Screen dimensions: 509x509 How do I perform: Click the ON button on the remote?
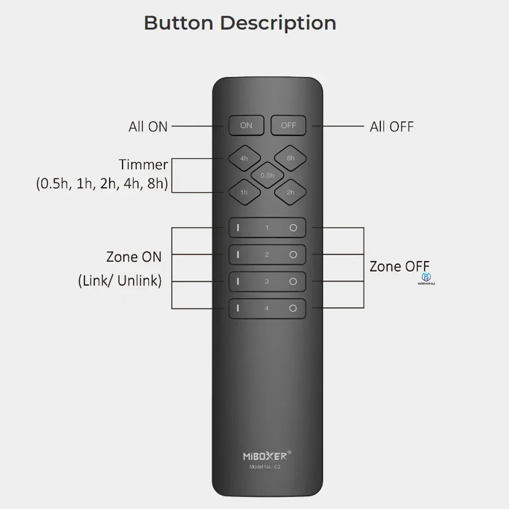tap(246, 125)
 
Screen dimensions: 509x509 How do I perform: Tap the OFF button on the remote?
tap(289, 125)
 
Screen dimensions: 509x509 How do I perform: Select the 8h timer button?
tap(290, 158)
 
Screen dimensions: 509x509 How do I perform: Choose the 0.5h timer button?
tap(267, 175)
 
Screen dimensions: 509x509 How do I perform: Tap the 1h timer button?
tap(244, 192)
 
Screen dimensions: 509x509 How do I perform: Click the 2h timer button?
tap(290, 192)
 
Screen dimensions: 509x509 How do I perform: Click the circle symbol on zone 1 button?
tap(293, 228)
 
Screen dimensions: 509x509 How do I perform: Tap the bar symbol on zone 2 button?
tap(238, 254)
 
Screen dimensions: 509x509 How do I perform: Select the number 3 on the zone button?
tap(267, 281)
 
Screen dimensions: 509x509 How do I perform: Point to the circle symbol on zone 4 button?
tap(293, 308)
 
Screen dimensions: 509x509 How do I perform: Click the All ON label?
tap(148, 126)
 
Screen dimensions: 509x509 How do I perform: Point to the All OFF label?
tap(391, 126)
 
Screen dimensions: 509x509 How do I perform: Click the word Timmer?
tap(144, 165)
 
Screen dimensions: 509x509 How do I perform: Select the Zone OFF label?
tap(399, 266)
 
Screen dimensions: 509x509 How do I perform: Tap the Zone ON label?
tap(134, 257)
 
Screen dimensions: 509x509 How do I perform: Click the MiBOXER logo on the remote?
tap(267, 453)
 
